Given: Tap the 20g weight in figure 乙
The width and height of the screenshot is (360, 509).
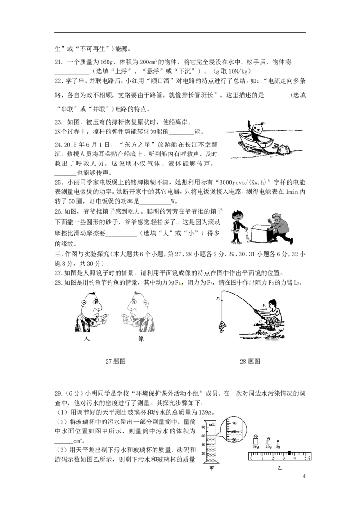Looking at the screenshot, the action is pos(268,441).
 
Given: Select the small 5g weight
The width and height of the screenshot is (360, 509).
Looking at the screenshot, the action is pos(278,442).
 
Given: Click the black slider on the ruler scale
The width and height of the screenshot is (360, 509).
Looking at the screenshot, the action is pos(289,453).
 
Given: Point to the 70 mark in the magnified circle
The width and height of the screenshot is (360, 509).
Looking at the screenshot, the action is pos(234,423).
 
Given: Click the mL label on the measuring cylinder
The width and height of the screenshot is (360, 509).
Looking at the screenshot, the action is pos(211,424).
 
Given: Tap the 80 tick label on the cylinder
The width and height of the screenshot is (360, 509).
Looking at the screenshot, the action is pos(203,428).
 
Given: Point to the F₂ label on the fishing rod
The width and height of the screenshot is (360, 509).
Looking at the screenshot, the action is pos(218,299).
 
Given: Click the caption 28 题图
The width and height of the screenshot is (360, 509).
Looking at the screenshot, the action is pos(250,362).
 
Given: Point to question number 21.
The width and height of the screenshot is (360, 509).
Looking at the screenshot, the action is pos(58,62).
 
